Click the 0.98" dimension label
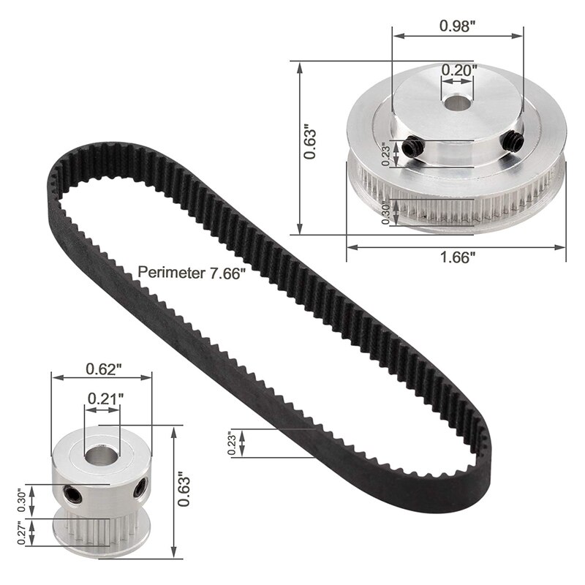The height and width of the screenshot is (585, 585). pyautogui.click(x=458, y=24)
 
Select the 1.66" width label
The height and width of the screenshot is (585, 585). pyautogui.click(x=458, y=257)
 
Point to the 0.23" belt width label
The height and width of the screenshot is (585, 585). pyautogui.click(x=231, y=443)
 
